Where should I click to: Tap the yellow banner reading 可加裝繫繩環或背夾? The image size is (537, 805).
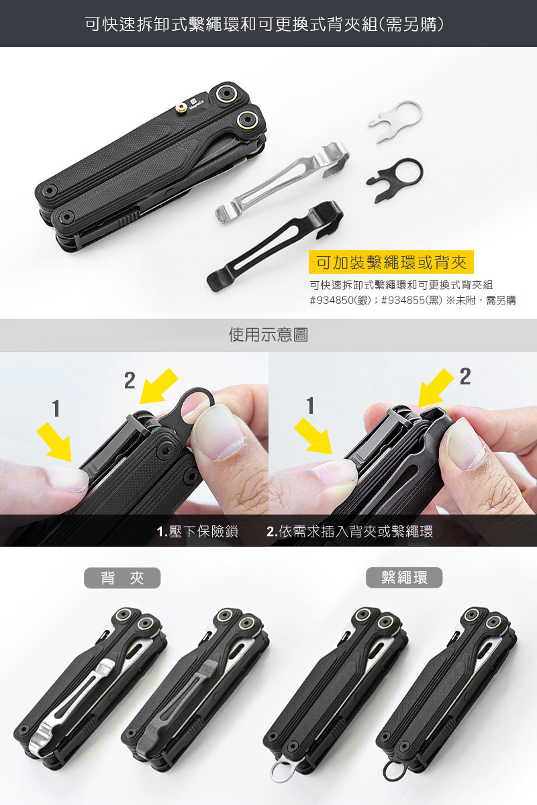pyautogui.click(x=391, y=262)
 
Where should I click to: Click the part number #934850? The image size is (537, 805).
pyautogui.click(x=332, y=300)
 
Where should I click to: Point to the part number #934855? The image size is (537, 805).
pyautogui.click(x=403, y=300)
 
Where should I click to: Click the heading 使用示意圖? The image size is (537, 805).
pyautogui.click(x=268, y=335)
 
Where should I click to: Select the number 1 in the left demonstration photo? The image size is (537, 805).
pyautogui.click(x=56, y=409)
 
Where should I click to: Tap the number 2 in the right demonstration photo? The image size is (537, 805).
pyautogui.click(x=465, y=376)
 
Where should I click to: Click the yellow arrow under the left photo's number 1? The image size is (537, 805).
pyautogui.click(x=56, y=442)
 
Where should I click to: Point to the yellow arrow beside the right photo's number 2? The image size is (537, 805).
pyautogui.click(x=436, y=388)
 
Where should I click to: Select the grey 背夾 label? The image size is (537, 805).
pyautogui.click(x=122, y=578)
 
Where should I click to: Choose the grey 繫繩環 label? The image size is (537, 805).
pyautogui.click(x=404, y=578)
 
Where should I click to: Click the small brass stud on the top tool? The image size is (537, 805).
pyautogui.click(x=181, y=107)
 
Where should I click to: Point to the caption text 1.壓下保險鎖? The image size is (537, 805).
pyautogui.click(x=197, y=531)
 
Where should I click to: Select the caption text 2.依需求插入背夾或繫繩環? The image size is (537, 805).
pyautogui.click(x=350, y=531)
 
